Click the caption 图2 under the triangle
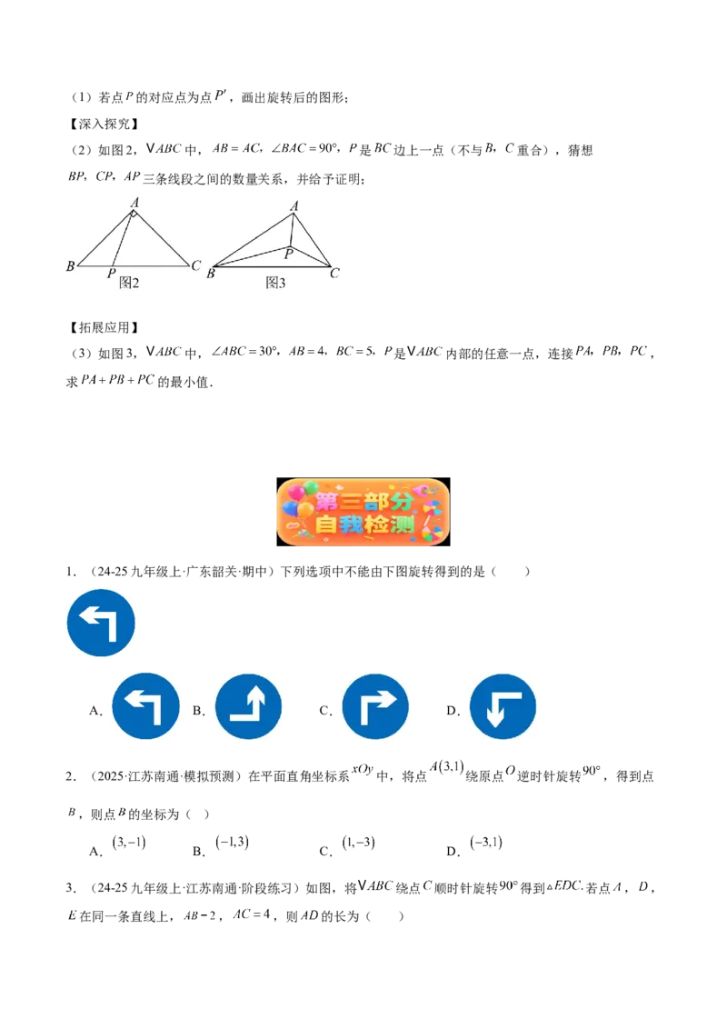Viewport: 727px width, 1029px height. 129,283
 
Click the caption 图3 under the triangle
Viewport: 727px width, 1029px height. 275,283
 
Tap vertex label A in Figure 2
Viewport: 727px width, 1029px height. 134,203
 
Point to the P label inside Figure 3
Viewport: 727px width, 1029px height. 289,254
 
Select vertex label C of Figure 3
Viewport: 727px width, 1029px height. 334,273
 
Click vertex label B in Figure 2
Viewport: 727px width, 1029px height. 70,265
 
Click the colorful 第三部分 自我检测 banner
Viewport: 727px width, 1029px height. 363,512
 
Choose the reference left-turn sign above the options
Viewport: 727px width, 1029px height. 101,623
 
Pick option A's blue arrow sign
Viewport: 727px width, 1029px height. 145,706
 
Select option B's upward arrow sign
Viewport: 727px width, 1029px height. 249,706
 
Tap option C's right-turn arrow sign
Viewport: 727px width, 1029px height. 375,706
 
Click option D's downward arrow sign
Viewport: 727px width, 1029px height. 503,706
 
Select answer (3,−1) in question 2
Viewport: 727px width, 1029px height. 129,843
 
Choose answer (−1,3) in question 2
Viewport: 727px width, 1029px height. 233,842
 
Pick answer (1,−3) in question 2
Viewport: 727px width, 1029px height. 358,843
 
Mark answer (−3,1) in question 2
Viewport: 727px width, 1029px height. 486,842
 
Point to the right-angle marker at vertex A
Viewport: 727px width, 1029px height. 134,214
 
